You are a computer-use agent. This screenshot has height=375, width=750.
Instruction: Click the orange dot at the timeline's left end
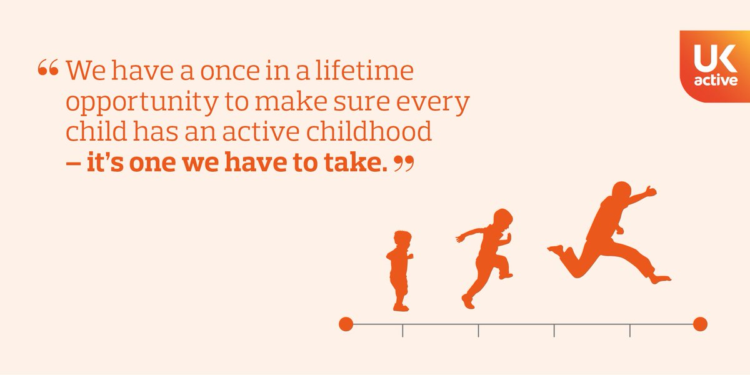(x=346, y=324)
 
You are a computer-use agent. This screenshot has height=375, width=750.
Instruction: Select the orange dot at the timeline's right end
(x=700, y=324)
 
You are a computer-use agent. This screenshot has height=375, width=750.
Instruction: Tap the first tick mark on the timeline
(x=402, y=330)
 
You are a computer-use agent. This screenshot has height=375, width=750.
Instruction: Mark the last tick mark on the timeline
(x=630, y=330)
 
